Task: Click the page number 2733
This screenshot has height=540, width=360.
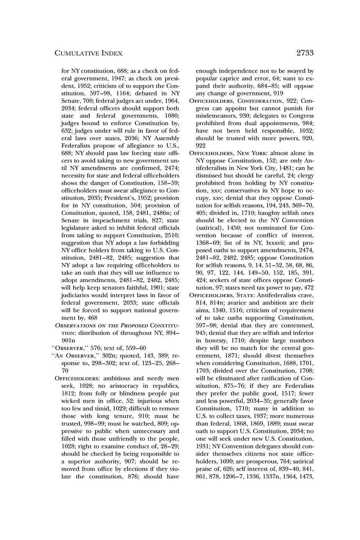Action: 305,53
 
